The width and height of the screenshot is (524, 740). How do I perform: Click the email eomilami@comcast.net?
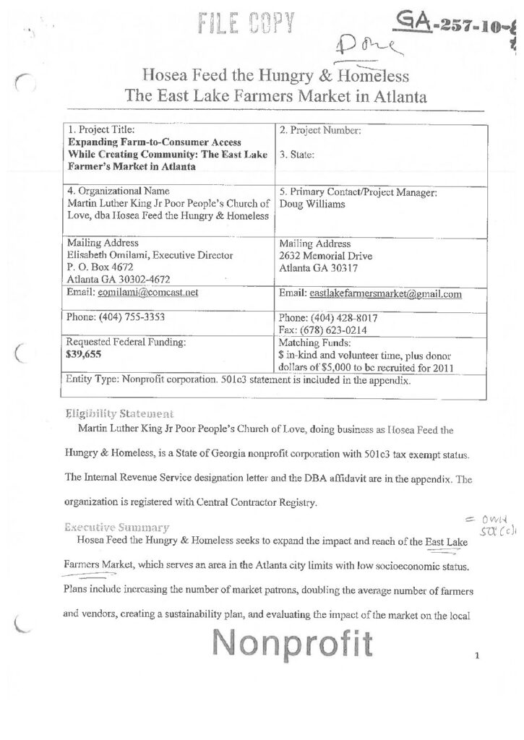[141, 293]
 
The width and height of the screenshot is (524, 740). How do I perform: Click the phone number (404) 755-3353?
[127, 317]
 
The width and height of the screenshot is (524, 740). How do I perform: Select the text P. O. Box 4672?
[98, 267]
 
